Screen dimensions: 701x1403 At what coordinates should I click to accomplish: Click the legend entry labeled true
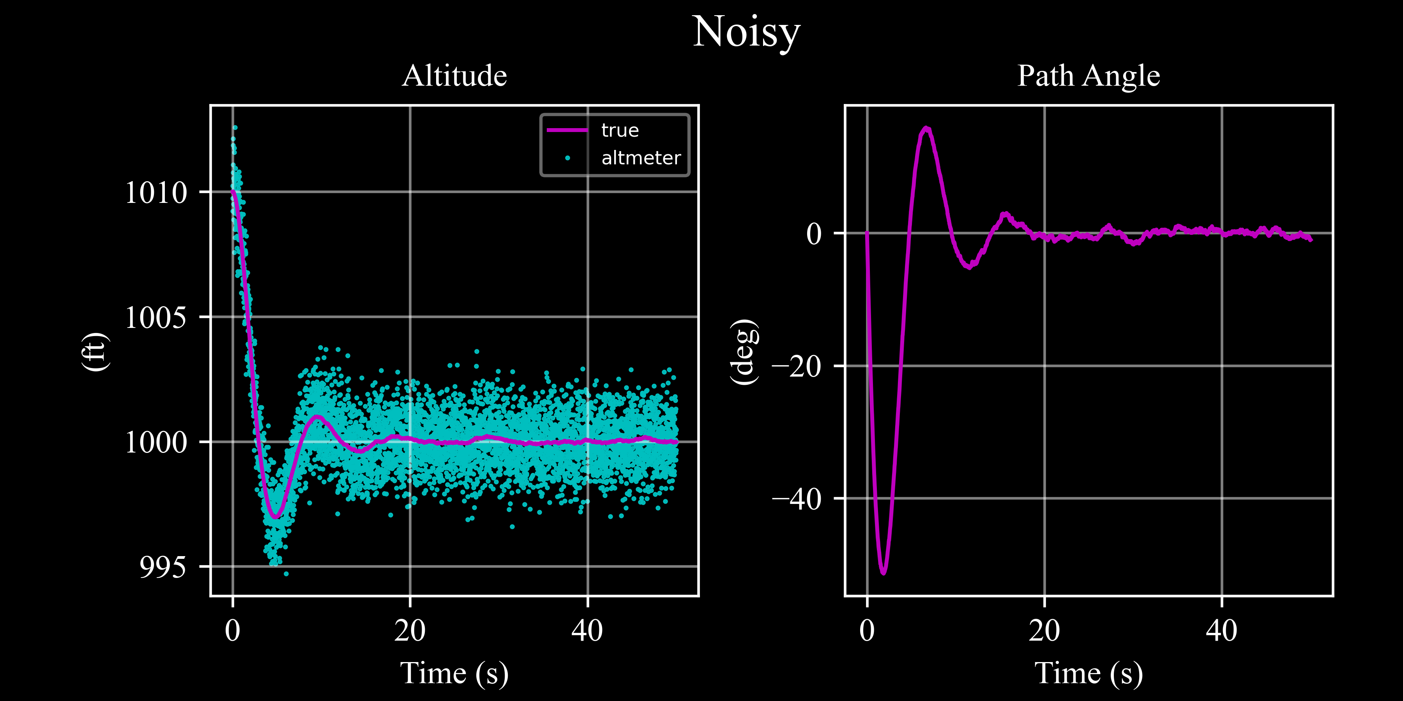coord(619,130)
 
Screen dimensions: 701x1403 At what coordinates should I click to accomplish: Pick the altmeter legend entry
coord(640,158)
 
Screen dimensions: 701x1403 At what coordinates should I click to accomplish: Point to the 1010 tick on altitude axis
coord(156,192)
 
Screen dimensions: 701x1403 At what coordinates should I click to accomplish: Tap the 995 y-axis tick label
coord(162,567)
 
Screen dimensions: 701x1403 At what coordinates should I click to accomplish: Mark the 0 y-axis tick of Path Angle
coord(814,234)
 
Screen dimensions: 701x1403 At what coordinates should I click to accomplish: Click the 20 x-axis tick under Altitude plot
coord(410,631)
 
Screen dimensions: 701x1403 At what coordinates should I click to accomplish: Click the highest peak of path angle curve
coord(926,129)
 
